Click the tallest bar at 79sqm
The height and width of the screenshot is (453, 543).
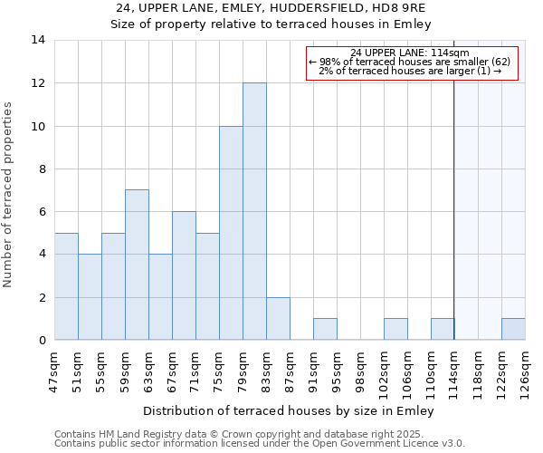coord(254,211)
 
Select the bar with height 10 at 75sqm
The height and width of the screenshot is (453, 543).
coord(231,233)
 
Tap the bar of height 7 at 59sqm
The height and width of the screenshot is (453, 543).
coord(137,265)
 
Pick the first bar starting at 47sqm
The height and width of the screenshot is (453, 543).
coord(66,286)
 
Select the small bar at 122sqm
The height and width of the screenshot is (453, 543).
coord(513,329)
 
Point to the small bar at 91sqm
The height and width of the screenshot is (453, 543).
coord(325,329)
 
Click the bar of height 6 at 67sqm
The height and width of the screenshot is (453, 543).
coord(184,275)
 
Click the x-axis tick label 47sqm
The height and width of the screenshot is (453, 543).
coord(54,369)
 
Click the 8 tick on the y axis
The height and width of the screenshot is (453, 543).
coord(41,169)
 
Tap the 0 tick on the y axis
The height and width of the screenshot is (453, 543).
coord(41,340)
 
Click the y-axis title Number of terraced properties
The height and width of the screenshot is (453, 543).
coord(9,195)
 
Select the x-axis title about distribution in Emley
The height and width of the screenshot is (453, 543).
coord(288,410)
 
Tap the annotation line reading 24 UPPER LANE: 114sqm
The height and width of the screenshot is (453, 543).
coord(409,53)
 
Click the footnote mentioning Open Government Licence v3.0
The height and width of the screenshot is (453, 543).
coord(260,444)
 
